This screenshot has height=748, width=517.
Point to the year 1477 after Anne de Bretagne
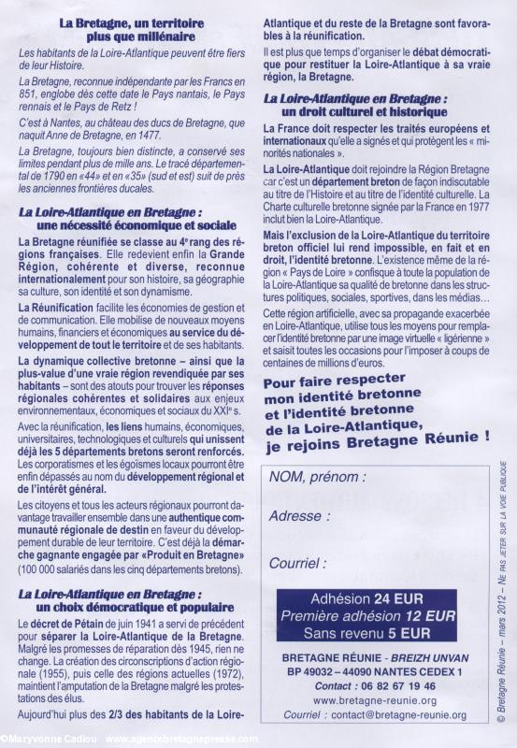pos(198,134)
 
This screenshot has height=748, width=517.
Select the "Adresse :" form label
pos(298,515)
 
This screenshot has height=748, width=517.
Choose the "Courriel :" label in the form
pos(299,563)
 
